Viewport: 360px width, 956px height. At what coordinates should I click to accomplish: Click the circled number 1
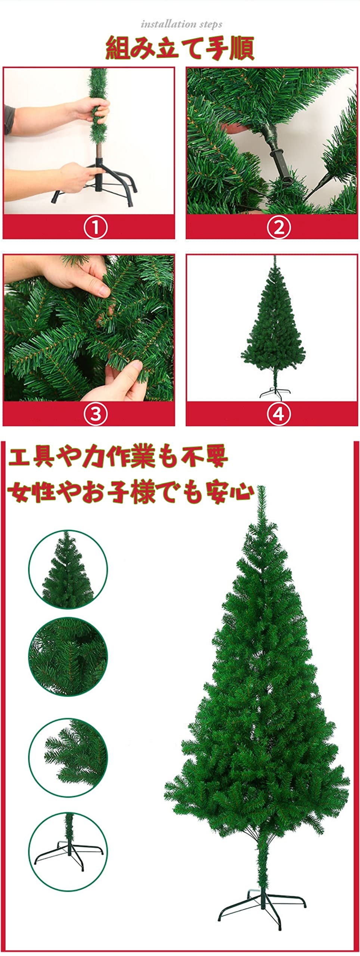click(x=95, y=227)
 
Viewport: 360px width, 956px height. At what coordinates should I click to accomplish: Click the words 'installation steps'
click(x=181, y=25)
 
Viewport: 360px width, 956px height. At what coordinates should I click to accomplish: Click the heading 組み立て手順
click(x=180, y=49)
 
